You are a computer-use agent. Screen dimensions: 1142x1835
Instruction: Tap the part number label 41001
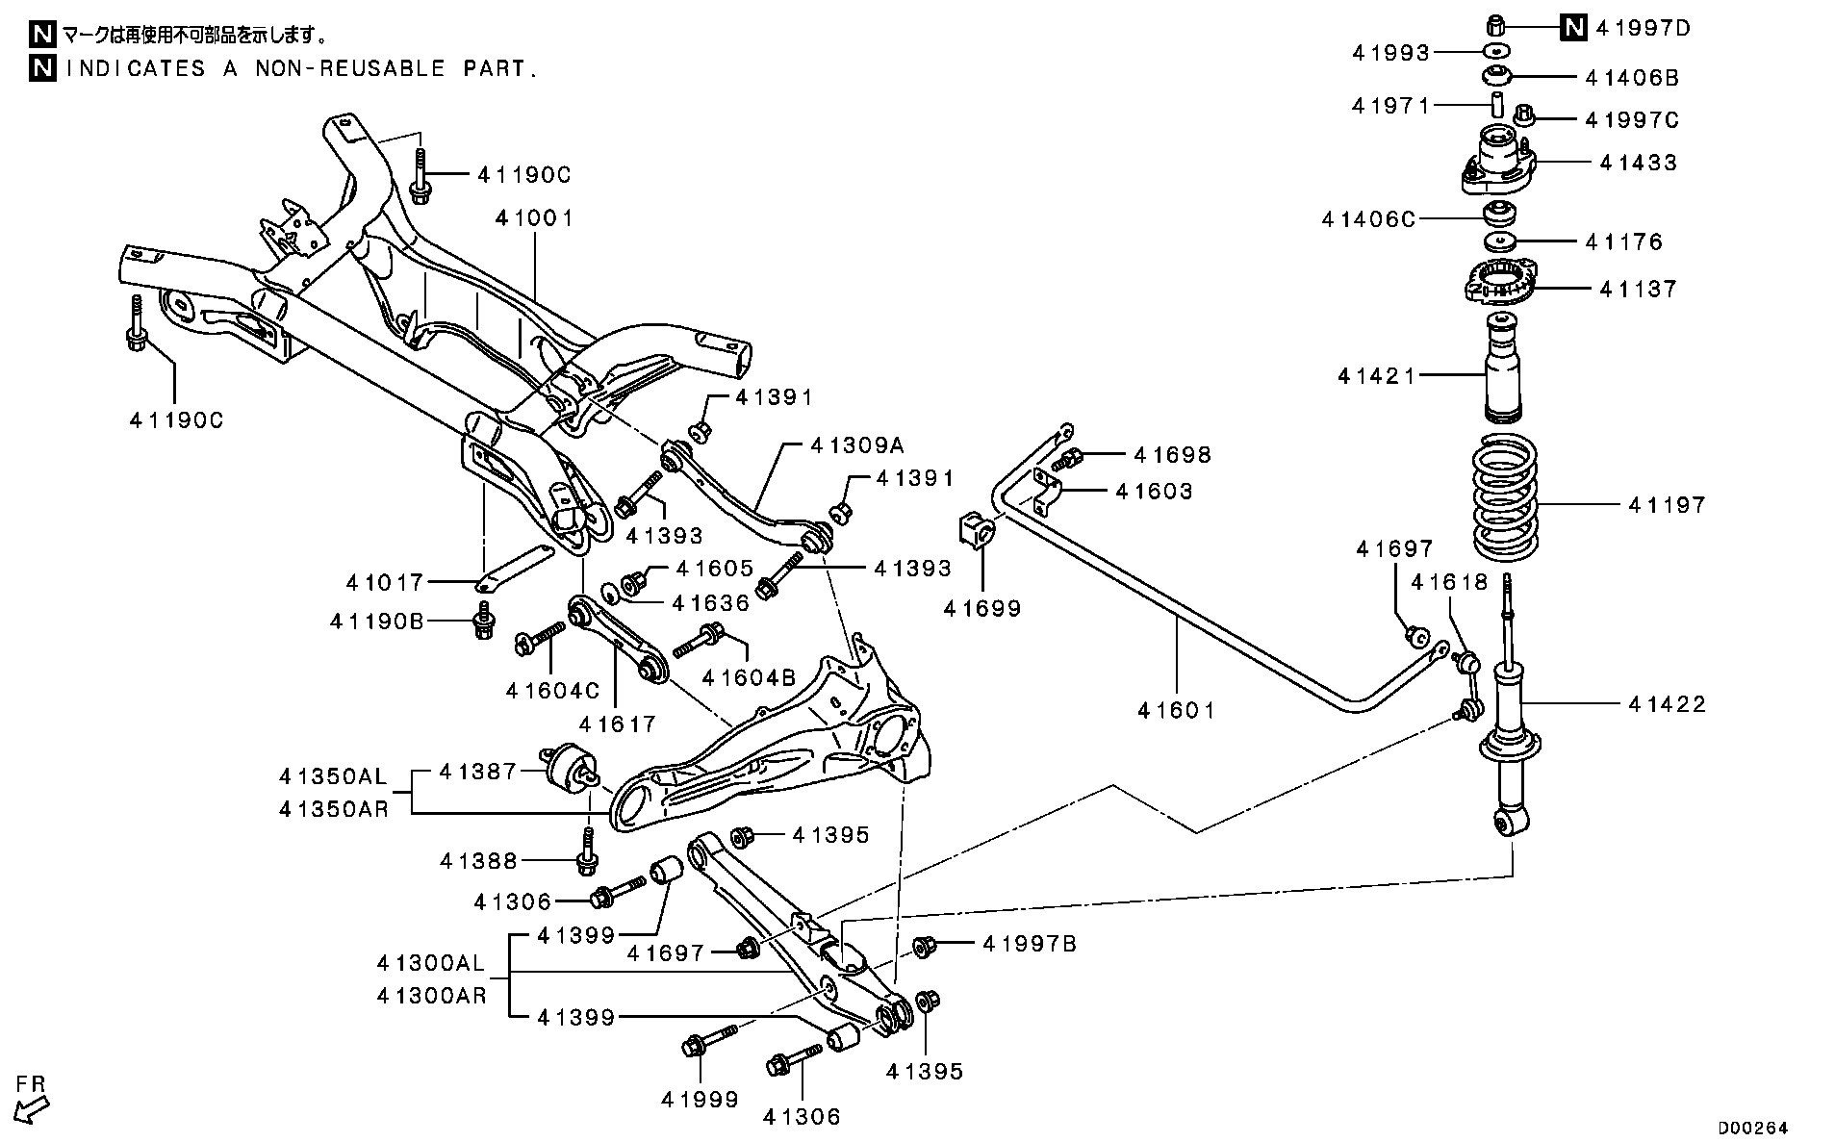(x=534, y=219)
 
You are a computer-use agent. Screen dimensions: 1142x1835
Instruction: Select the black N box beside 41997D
(x=1573, y=28)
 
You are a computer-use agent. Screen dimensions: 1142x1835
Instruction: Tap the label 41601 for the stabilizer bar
(x=1176, y=711)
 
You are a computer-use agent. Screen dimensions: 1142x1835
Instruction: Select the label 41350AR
(x=334, y=809)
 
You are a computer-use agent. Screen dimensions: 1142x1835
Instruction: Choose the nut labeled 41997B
(x=921, y=947)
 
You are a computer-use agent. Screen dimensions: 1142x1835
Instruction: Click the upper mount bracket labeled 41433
(x=1497, y=165)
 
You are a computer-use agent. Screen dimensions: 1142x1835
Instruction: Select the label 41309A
(x=857, y=445)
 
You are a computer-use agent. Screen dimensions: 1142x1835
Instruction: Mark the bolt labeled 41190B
(x=484, y=621)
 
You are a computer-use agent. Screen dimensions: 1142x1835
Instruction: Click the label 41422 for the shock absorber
(x=1667, y=704)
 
